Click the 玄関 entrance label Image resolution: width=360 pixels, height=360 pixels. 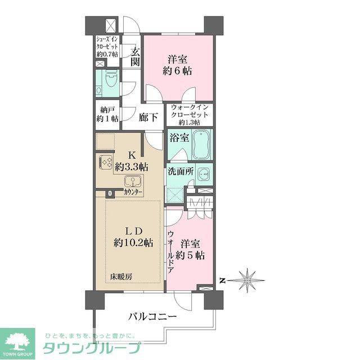point(135,57)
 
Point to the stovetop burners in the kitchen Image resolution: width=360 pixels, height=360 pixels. point(107,162)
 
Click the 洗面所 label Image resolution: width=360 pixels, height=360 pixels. point(180,172)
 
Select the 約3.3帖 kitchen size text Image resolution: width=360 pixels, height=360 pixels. point(132,166)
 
